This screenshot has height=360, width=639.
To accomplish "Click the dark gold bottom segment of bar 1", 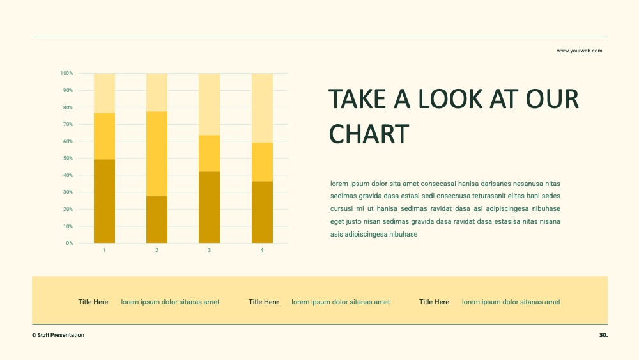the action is [104, 201].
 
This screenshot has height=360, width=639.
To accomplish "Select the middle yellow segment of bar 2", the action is [157, 153].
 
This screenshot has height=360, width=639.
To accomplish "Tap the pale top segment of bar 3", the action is [209, 104].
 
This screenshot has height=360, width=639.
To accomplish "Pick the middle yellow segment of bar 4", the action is [262, 162].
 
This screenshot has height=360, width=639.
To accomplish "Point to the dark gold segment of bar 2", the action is [157, 219].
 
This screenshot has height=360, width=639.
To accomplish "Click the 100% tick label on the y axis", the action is [67, 73].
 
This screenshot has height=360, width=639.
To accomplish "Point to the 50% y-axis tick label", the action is [68, 158].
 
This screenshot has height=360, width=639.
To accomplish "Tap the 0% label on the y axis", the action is [70, 243].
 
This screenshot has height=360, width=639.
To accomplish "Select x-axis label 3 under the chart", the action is [209, 250].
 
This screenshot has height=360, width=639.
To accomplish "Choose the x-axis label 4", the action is [261, 250].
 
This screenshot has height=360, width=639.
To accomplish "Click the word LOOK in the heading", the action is [450, 99].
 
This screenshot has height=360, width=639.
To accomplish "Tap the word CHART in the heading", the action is [369, 134].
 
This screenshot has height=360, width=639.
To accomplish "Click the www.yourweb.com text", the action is [580, 51].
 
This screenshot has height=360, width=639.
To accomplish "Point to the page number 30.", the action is [604, 334].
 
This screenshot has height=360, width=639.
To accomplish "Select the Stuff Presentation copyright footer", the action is [58, 335].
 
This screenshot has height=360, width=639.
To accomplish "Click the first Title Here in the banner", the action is [93, 302].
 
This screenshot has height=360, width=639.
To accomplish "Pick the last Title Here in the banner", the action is [434, 302].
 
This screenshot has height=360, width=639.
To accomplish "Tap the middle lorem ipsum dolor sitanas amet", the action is [341, 302].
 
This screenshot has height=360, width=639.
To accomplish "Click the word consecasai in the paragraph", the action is [438, 184].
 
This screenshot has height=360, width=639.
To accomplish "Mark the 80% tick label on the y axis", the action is [68, 107].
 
